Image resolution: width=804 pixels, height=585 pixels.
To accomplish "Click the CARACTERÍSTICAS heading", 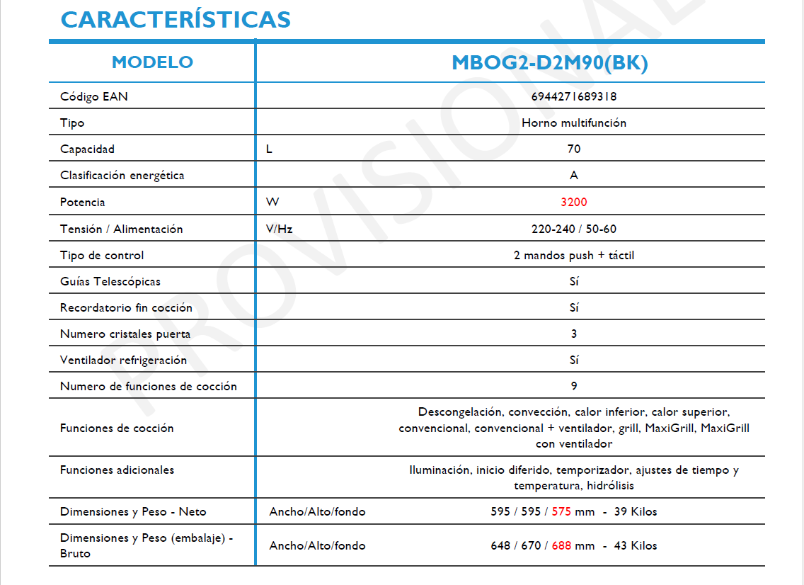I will [176, 19].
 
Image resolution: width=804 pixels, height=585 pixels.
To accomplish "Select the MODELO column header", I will [152, 62].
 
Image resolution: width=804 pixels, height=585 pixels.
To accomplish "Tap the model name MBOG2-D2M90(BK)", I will [550, 63].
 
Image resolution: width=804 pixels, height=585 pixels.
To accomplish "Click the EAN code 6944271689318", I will [573, 96].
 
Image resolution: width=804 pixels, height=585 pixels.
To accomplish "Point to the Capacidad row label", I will [87, 149].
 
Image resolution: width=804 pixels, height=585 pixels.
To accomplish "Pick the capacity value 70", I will [573, 149].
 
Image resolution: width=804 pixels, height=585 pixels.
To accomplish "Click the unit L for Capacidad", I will [269, 149].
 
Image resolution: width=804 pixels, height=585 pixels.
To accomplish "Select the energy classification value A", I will [573, 176].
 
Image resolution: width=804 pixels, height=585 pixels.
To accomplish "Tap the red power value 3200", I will [573, 203].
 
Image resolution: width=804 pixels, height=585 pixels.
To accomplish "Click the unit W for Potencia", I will [272, 203].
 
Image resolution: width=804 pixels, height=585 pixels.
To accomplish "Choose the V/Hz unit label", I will [279, 229].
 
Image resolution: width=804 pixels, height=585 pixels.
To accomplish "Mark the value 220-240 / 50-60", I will [573, 229].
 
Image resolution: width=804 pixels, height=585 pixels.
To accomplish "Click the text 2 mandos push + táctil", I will [573, 256].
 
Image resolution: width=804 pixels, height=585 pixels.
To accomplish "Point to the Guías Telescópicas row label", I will [110, 282].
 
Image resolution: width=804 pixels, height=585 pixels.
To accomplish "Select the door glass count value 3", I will [573, 334].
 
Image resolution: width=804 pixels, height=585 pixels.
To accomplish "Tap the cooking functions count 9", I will [573, 387].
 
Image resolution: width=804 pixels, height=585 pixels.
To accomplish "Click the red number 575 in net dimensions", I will [561, 512].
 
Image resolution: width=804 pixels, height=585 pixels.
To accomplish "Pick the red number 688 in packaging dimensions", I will [561, 546].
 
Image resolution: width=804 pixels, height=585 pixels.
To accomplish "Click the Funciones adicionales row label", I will [117, 470].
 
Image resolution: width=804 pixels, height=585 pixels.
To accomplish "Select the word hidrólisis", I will [610, 486].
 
